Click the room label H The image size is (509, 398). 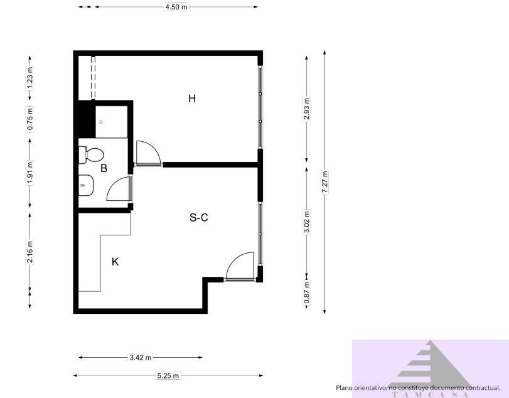coord(192,99)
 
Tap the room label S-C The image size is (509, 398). coord(198,218)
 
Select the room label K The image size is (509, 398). coord(115,262)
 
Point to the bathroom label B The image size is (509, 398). coord(104,168)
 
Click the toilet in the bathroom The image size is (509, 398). coord(92,154)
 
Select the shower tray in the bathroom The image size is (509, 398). coord(111,121)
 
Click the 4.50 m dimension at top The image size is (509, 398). coord(176,7)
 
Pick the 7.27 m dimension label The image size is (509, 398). coord(324,183)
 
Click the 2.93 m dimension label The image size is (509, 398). coord(306,109)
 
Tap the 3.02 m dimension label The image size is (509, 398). coord(306,222)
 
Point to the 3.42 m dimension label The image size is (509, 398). coord(140,358)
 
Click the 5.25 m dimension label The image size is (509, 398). coord(168,376)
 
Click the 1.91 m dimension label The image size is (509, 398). coord(29,173)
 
